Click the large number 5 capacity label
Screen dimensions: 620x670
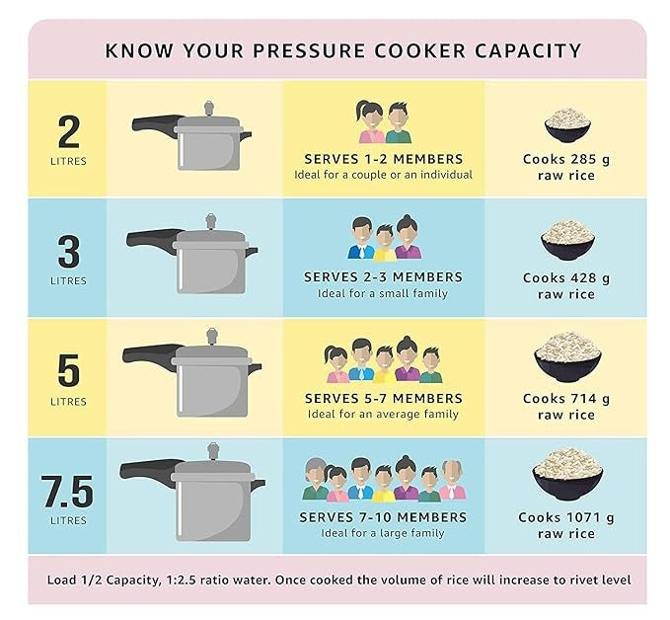pyautogui.click(x=68, y=370)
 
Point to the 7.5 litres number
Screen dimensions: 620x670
pyautogui.click(x=68, y=490)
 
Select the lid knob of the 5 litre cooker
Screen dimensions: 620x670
pyautogui.click(x=213, y=340)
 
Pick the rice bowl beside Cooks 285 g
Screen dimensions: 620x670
pyautogui.click(x=567, y=126)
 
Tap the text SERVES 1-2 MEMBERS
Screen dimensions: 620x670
pyautogui.click(x=383, y=159)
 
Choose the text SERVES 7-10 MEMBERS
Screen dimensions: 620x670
pyautogui.click(x=383, y=517)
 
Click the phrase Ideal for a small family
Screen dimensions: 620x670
pyautogui.click(x=383, y=293)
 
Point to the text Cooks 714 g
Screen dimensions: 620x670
pyautogui.click(x=566, y=399)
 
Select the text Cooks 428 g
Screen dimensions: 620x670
pyautogui.click(x=566, y=278)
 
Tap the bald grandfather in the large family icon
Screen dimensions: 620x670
pyautogui.click(x=451, y=481)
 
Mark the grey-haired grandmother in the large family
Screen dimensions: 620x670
pyautogui.click(x=315, y=480)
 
